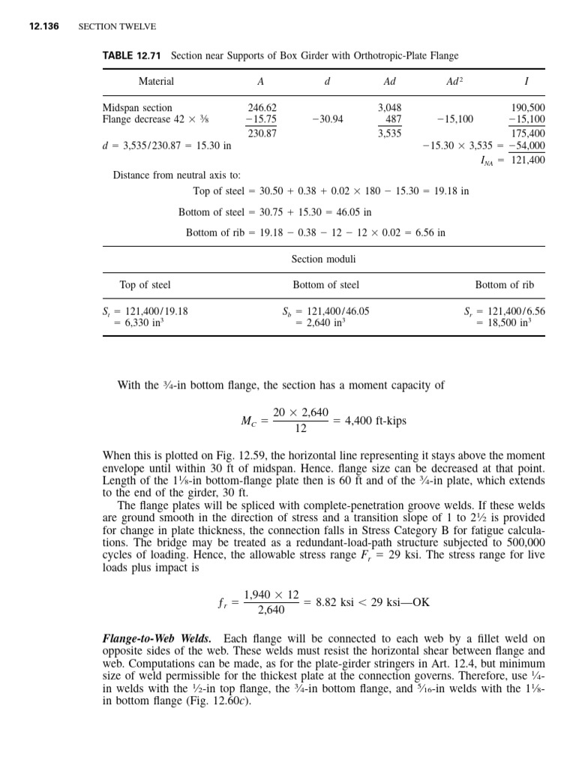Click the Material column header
[156, 81]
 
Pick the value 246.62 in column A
[262, 107]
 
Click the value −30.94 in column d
[327, 119]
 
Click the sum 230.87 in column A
[262, 133]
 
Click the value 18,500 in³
[506, 322]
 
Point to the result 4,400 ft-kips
[375, 421]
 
